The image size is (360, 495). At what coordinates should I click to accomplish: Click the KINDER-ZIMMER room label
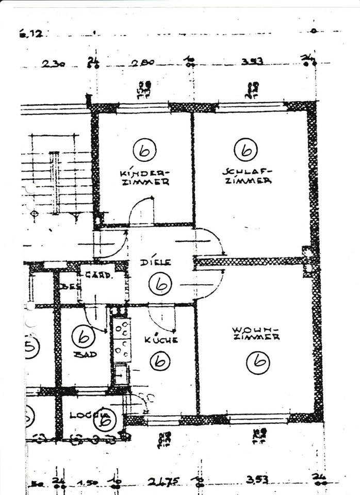(x=144, y=177)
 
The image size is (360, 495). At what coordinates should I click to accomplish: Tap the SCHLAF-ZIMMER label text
(x=248, y=176)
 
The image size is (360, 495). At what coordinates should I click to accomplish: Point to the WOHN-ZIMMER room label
(x=256, y=333)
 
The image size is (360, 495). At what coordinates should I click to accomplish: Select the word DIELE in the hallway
(x=155, y=262)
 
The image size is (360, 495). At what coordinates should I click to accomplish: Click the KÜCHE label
(x=161, y=340)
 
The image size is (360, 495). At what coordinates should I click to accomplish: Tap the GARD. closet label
(x=99, y=275)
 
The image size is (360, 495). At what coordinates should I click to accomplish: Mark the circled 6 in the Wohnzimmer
(x=257, y=361)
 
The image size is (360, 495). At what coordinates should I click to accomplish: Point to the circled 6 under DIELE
(x=160, y=283)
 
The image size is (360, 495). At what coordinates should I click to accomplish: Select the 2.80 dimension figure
(x=142, y=63)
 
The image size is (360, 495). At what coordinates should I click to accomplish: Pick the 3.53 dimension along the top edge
(x=252, y=61)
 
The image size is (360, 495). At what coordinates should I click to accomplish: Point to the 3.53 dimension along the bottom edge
(x=257, y=480)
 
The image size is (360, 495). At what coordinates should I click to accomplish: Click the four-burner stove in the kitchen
(x=122, y=340)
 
